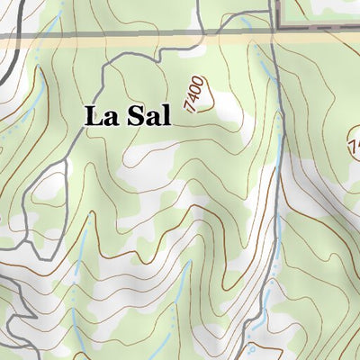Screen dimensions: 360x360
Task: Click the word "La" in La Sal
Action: pyautogui.click(x=102, y=116)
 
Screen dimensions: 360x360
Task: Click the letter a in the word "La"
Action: pyautogui.click(x=110, y=118)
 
